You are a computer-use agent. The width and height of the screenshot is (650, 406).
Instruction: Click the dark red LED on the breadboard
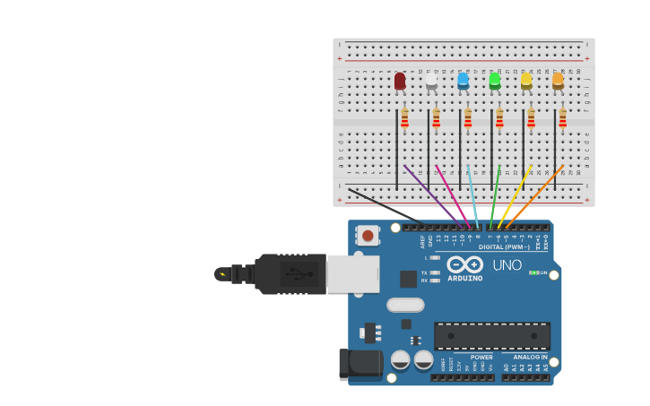(400, 82)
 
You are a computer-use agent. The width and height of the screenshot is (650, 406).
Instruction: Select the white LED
(431, 82)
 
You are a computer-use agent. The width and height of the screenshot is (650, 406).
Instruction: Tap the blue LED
(463, 82)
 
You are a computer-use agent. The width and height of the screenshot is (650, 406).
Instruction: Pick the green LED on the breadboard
(495, 82)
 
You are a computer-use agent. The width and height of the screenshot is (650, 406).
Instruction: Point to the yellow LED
(526, 82)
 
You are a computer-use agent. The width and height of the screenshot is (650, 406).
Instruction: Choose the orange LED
(558, 82)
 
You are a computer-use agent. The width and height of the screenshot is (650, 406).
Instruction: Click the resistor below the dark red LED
(404, 118)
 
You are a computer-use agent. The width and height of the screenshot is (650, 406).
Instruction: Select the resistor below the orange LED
(562, 118)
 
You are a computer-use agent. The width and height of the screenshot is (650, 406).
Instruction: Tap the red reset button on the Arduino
(367, 236)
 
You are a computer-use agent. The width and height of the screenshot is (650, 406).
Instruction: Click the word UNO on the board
(507, 265)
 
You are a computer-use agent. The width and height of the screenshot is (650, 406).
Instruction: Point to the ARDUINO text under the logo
(465, 278)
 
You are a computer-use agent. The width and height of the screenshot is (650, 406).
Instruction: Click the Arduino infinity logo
(465, 264)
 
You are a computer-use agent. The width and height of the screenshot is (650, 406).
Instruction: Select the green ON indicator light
(533, 272)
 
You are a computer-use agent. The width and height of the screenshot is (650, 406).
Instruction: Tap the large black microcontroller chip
(492, 336)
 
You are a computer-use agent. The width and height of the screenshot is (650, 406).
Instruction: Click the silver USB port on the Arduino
(352, 273)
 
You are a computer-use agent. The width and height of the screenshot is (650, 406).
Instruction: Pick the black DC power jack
(360, 363)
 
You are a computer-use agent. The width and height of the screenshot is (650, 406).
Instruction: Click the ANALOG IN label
(530, 357)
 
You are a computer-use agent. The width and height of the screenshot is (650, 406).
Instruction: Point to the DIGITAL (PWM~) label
(503, 246)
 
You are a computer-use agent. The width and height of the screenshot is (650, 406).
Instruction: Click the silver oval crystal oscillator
(405, 305)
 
